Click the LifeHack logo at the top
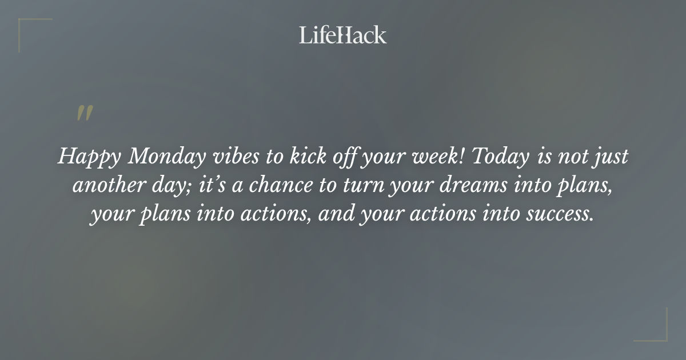coord(342,35)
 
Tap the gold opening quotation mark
coord(85,113)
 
